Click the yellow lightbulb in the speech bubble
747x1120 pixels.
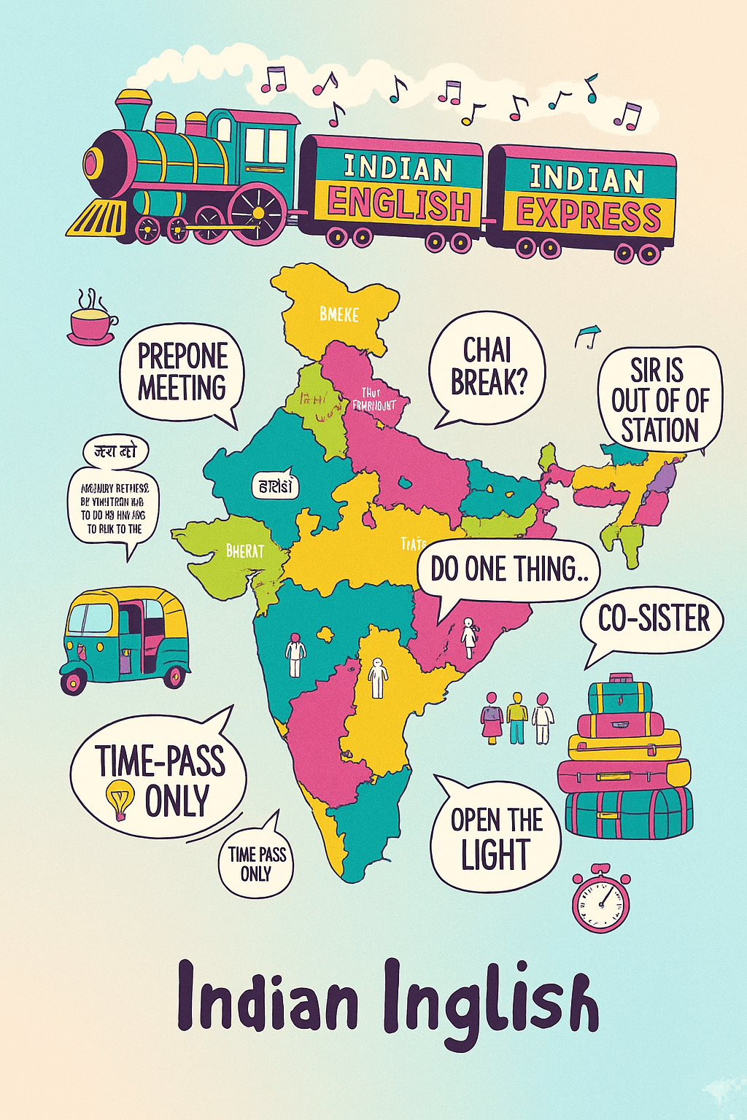(x=120, y=799)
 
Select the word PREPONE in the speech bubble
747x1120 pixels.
(x=183, y=357)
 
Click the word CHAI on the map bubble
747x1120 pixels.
(x=487, y=350)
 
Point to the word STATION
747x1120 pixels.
(x=659, y=429)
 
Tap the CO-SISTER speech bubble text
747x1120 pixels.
(x=654, y=619)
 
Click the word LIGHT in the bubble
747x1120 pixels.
(x=495, y=854)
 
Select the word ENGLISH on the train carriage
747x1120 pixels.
(x=398, y=203)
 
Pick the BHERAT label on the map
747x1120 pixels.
(x=245, y=551)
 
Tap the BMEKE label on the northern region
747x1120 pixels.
(x=339, y=314)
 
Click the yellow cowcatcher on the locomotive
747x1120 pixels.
(x=96, y=217)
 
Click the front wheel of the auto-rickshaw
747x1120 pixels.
(x=74, y=680)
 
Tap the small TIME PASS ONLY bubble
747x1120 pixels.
(x=256, y=863)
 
